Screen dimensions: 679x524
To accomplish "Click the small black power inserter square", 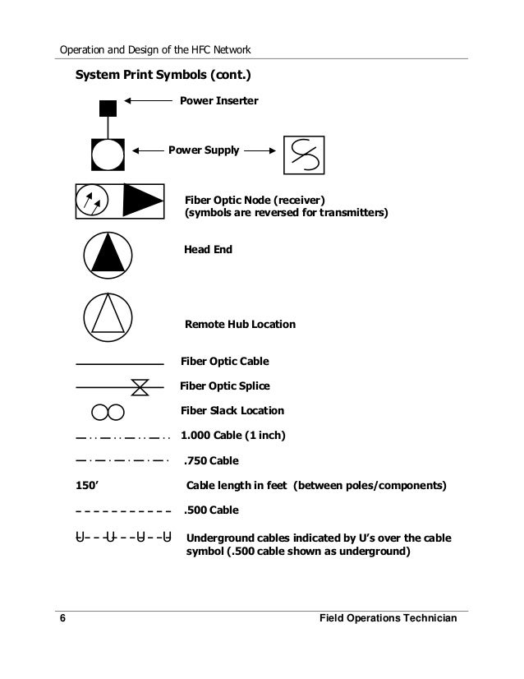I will pyautogui.click(x=107, y=108).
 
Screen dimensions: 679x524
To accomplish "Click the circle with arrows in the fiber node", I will pyautogui.click(x=91, y=201).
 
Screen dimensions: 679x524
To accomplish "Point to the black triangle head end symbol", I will pyautogui.click(x=108, y=252).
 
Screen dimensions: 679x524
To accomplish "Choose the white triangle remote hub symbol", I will pyautogui.click(x=108, y=314).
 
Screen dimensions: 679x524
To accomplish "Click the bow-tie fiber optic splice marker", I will pyautogui.click(x=140, y=386).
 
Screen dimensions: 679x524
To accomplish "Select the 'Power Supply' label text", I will pyautogui.click(x=204, y=150).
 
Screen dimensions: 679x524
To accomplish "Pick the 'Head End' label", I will pyautogui.click(x=208, y=249).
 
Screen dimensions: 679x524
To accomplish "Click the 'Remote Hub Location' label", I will pyautogui.click(x=240, y=325).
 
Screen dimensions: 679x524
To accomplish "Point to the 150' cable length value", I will pyautogui.click(x=86, y=485).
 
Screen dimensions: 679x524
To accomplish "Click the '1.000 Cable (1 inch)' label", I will pyautogui.click(x=232, y=435).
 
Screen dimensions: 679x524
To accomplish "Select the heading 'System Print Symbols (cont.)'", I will pyautogui.click(x=163, y=76).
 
